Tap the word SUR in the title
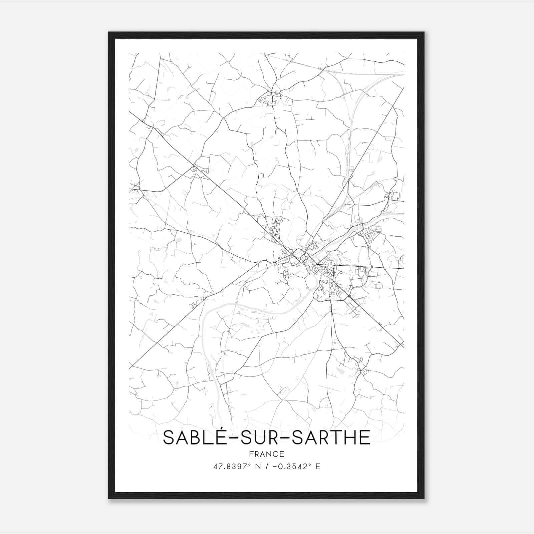pyautogui.click(x=255, y=438)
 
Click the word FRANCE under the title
pyautogui.click(x=267, y=454)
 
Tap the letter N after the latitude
pyautogui.click(x=257, y=467)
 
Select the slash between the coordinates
pyautogui.click(x=266, y=467)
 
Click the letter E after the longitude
pyautogui.click(x=318, y=467)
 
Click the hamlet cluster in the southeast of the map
pyautogui.click(x=359, y=365)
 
